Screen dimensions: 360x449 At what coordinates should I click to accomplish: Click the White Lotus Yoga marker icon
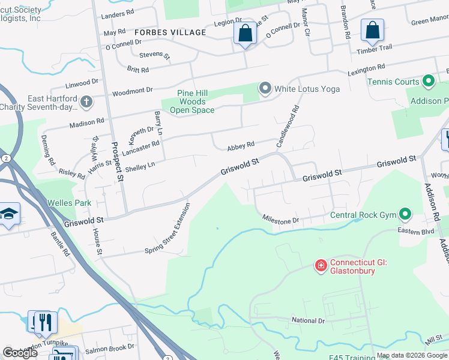click(x=265, y=89)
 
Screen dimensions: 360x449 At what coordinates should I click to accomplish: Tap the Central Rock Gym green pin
click(x=406, y=214)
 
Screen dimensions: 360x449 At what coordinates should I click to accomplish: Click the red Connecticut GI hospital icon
click(x=321, y=265)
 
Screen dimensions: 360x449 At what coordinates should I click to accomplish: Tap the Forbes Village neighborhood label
click(x=170, y=32)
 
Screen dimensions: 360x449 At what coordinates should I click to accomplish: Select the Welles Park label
click(x=71, y=203)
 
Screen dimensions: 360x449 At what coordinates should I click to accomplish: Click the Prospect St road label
click(x=117, y=162)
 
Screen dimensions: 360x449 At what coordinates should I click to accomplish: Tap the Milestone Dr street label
click(x=280, y=221)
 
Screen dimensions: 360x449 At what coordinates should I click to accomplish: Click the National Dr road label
click(x=308, y=320)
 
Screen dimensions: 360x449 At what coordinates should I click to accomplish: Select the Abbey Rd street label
click(x=241, y=145)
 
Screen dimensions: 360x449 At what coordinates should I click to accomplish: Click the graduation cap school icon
click(x=9, y=214)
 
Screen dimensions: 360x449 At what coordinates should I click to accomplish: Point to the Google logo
click(x=20, y=353)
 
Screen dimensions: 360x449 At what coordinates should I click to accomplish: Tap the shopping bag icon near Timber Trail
click(x=372, y=30)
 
